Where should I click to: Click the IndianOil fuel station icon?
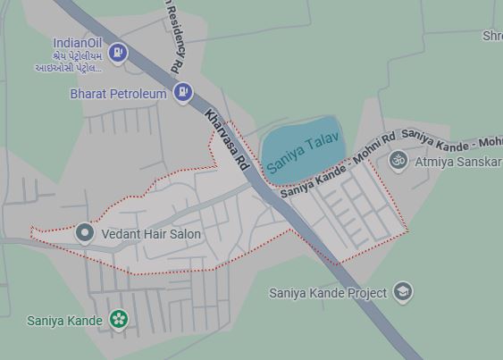tap(118, 54)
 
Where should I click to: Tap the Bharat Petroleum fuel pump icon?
tap(183, 92)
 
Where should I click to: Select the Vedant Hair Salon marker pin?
tap(85, 234)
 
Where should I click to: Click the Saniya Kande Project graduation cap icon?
tap(403, 292)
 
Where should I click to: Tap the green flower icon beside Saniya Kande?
tap(118, 319)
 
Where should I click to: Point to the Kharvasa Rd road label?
tap(226, 139)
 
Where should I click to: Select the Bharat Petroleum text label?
tap(119, 93)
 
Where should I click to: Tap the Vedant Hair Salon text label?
tap(151, 234)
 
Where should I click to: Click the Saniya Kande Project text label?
tap(328, 292)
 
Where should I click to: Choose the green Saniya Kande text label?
tap(64, 320)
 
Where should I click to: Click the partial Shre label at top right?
tap(492, 36)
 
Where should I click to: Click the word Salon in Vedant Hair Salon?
tap(182, 234)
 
